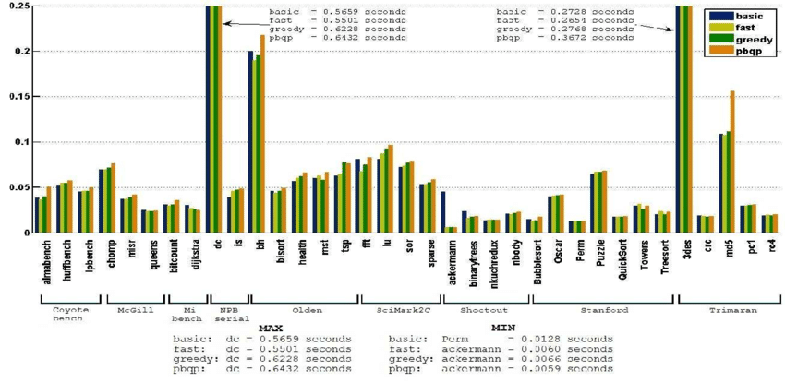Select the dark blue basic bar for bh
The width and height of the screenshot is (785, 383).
[x=251, y=141]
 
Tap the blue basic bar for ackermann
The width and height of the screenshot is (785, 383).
[x=443, y=211]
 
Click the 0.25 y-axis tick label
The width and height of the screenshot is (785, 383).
[x=18, y=6]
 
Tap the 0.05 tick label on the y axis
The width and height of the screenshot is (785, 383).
[x=18, y=186]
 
